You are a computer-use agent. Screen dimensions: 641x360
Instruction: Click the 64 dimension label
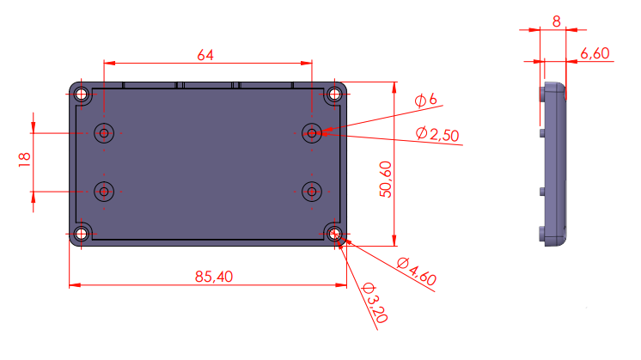coord(205,55)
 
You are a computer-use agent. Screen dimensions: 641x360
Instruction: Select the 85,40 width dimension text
coord(214,277)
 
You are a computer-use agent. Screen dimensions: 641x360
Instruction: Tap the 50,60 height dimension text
coord(386,180)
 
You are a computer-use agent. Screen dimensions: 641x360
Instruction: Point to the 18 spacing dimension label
coord(25,159)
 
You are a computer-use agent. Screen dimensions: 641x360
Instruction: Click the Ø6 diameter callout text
coord(425,100)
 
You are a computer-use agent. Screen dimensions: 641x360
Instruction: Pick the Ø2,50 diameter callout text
coord(437,134)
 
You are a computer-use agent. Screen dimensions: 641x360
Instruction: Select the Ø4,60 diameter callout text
coord(417,272)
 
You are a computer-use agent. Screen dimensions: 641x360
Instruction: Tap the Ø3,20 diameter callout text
coord(375,302)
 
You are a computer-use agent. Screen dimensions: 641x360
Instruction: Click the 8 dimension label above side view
coord(557,21)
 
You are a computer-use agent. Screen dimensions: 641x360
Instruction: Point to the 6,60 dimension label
coord(595,53)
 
